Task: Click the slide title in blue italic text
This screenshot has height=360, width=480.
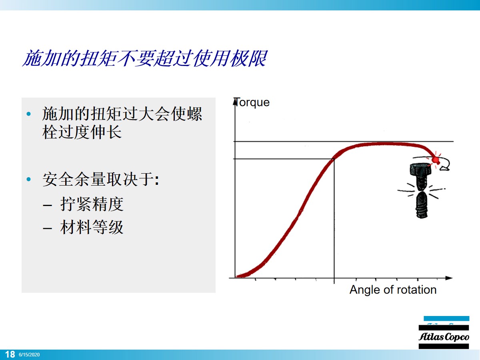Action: [144, 59]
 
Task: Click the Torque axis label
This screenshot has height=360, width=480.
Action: [252, 102]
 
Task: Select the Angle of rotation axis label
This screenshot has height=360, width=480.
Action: [393, 290]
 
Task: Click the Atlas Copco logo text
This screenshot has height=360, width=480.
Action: [444, 337]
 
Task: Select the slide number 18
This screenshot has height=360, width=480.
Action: [10, 354]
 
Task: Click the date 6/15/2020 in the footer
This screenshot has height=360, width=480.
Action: [29, 355]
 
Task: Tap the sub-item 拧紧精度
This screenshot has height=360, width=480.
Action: [92, 204]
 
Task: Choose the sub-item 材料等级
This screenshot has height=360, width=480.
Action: [92, 227]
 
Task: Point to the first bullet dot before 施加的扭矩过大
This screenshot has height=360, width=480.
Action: [28, 114]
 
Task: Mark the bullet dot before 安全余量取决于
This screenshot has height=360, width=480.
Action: [28, 180]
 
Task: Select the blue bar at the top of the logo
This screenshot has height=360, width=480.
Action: [446, 319]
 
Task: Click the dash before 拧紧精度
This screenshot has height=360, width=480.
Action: [47, 205]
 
